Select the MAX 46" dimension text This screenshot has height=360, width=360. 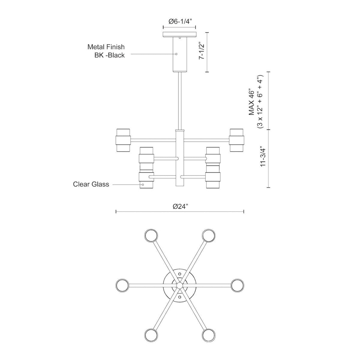coord(251,102)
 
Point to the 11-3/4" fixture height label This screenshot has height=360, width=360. coord(263,155)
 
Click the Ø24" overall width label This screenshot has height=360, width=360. coord(180,206)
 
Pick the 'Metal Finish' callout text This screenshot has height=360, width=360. coord(106,47)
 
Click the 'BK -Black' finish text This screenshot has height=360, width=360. coord(109,55)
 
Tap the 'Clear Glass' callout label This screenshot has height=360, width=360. coord(91,184)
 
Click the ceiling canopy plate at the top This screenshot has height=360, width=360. coord(179,34)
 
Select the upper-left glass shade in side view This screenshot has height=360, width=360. coord(123,140)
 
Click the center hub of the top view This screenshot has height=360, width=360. coord(179,285)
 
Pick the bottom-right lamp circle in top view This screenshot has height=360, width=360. coord(208,334)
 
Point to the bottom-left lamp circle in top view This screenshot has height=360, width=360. coord(151,334)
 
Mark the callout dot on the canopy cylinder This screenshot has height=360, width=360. coord(176,54)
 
